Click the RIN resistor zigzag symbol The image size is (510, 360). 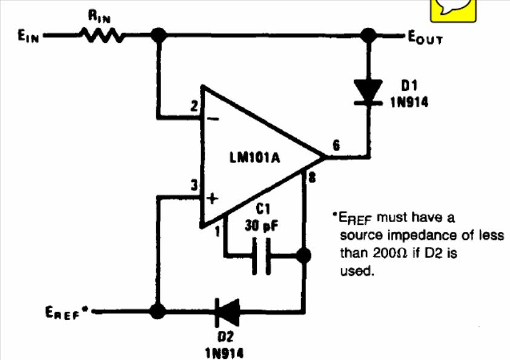point(102,35)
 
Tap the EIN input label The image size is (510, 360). point(28,36)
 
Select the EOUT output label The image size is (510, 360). point(425,37)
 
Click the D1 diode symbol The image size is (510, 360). point(368,93)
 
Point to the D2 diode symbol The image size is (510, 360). point(227,313)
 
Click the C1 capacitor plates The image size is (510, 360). point(262,256)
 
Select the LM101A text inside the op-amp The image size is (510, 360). point(254,158)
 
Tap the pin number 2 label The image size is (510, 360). point(194,107)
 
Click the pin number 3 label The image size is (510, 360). point(194,185)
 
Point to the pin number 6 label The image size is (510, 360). point(336,145)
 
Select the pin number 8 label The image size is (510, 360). point(312,178)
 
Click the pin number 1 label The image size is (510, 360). point(217,231)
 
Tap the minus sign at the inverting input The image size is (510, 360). point(213,119)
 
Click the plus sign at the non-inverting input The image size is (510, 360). point(212,198)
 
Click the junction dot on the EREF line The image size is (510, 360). point(157,311)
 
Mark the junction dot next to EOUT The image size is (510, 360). point(368,35)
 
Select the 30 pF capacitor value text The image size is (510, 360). point(262,225)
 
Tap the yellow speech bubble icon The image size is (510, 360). point(454,10)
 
